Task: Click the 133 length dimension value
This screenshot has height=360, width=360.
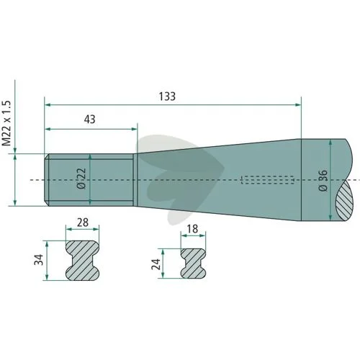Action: point(167,96)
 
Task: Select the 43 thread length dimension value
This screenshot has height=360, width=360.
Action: point(89,120)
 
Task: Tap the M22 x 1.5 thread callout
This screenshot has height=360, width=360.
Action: point(6,123)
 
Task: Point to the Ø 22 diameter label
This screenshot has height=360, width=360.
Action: point(82,179)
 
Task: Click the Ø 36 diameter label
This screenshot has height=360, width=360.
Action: point(323,180)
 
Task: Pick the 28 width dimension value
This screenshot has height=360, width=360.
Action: point(83,222)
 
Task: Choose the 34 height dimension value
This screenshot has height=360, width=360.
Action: point(39,259)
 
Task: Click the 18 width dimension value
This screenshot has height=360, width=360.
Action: point(192,229)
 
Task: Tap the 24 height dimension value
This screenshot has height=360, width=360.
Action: point(156,264)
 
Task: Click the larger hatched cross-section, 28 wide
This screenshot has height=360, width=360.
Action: point(82,261)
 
